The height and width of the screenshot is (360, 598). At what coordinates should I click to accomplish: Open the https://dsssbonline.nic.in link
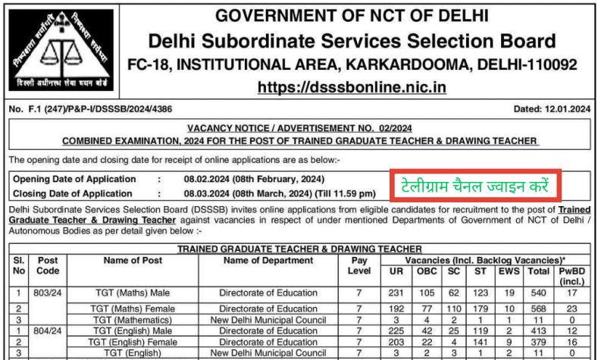tap(352, 87)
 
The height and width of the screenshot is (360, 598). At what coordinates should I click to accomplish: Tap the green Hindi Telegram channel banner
tap(475, 186)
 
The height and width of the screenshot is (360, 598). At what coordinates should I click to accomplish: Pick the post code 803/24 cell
tap(47, 293)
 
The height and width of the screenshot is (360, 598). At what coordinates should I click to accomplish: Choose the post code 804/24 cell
tap(47, 331)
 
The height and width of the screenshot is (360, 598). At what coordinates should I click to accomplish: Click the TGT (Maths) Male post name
tap(133, 293)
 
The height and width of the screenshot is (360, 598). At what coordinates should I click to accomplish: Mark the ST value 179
tap(481, 309)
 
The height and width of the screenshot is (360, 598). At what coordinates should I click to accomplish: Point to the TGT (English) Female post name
tap(133, 342)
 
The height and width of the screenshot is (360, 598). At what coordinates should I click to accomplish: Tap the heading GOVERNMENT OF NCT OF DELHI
tap(352, 16)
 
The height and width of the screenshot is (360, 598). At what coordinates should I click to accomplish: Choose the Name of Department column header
tap(268, 260)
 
